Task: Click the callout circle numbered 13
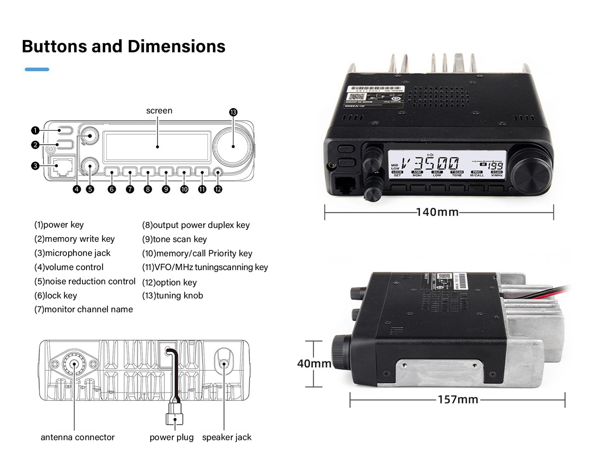point(233,112)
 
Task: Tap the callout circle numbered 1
point(35,130)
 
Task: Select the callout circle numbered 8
point(148,189)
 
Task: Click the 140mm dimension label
point(437,212)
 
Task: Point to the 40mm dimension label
point(314,363)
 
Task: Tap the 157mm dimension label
point(458,399)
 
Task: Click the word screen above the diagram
point(159,111)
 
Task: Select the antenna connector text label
point(78,437)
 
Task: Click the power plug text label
point(172,437)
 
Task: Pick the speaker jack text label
point(227,437)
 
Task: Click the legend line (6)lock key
point(56,295)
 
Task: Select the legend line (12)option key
point(169,282)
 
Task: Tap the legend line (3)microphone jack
point(72,253)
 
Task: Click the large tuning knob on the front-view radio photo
point(532,172)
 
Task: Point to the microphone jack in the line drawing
point(63,167)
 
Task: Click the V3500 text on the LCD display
point(430,163)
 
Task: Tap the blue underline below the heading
point(37,69)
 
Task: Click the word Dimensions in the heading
point(176,47)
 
